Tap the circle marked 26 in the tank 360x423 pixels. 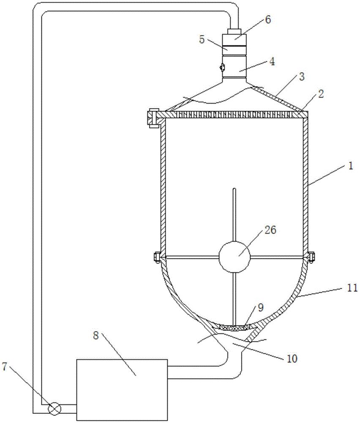[x=235, y=257]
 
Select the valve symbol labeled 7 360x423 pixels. [x=55, y=408]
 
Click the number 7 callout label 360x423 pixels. [x=5, y=367]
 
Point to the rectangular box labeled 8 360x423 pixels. [x=122, y=390]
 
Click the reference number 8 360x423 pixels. [x=96, y=336]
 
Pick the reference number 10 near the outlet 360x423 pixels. [x=292, y=359]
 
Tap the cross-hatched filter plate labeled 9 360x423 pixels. [x=235, y=327]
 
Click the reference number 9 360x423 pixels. [x=261, y=308]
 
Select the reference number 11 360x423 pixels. [x=352, y=288]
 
